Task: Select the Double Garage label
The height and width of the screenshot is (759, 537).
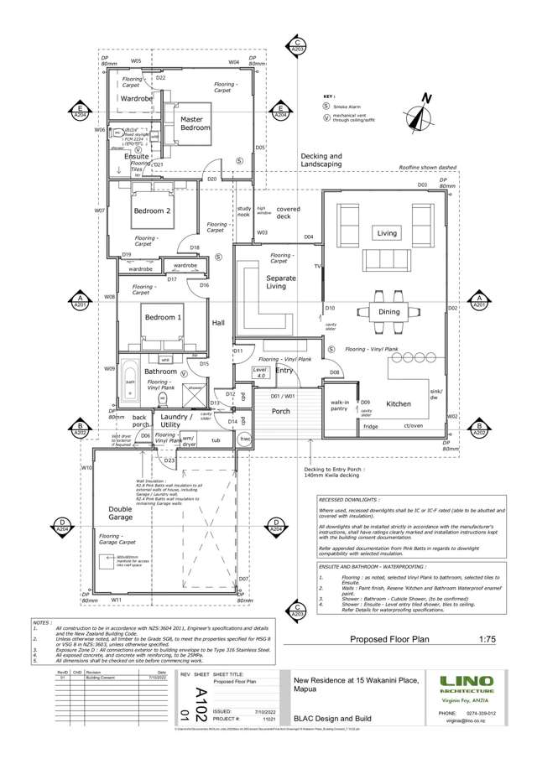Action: tap(120, 513)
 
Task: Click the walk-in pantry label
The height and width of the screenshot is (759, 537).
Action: tap(340, 406)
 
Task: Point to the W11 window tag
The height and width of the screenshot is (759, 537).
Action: tap(117, 600)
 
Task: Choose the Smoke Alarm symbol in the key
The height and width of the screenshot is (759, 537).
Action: tap(326, 107)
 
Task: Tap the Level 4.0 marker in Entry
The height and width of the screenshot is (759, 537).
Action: tap(260, 372)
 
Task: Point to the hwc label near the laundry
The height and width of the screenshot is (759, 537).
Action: tap(246, 439)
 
